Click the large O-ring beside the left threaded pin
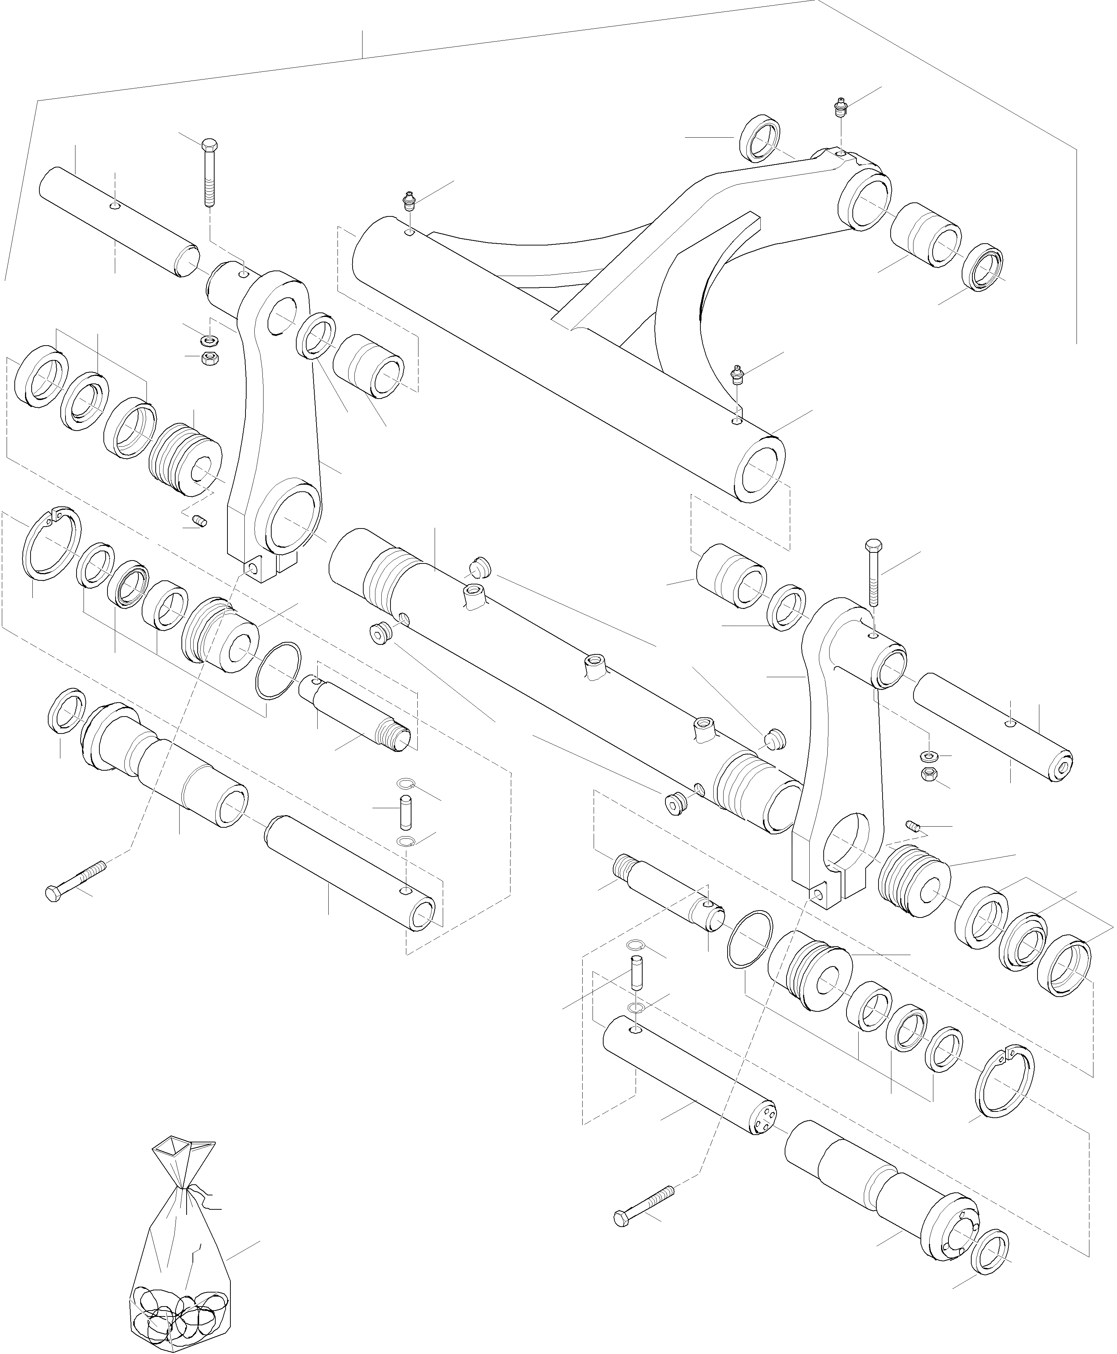(x=278, y=670)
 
